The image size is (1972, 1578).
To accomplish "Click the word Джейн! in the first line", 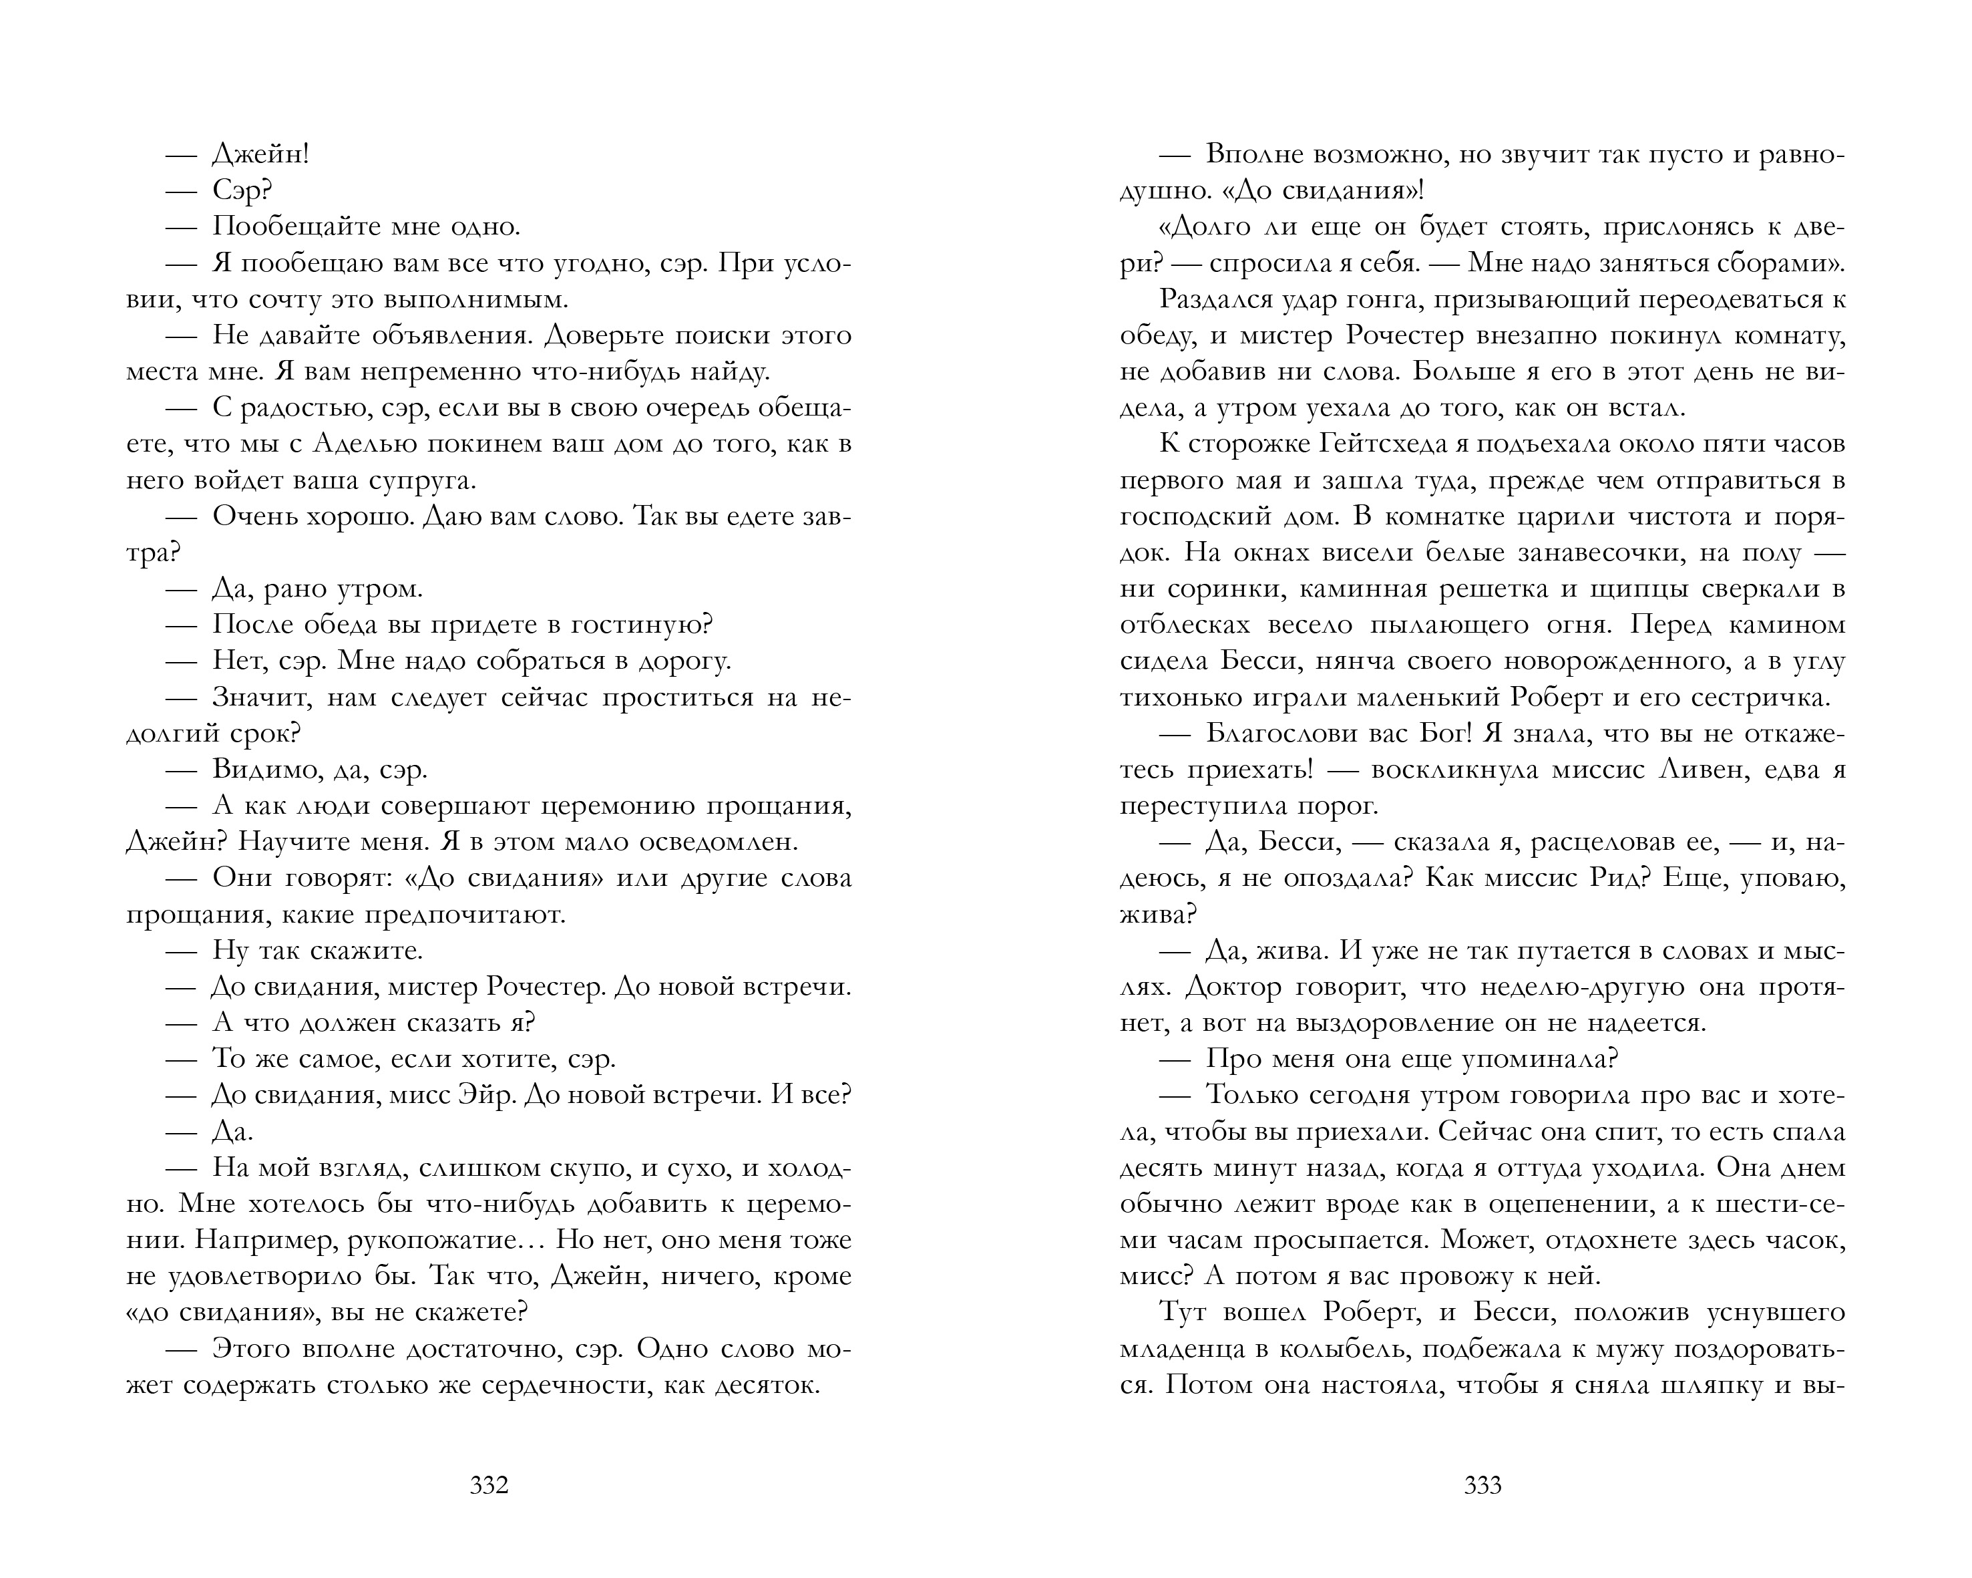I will [260, 154].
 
